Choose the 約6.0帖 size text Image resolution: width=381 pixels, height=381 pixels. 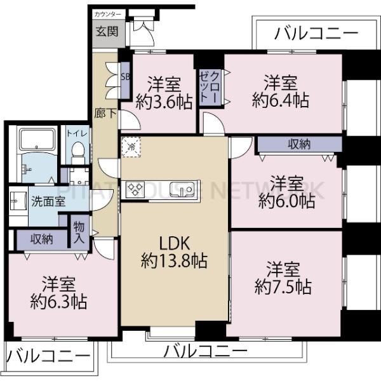(x=286, y=201)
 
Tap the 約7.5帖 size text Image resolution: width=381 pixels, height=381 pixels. (x=283, y=286)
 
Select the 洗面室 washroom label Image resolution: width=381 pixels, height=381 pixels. (x=48, y=201)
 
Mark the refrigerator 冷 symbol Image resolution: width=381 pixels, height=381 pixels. (x=132, y=147)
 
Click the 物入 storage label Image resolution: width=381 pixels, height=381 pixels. (x=79, y=232)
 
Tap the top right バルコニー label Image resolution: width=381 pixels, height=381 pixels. (x=316, y=33)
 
